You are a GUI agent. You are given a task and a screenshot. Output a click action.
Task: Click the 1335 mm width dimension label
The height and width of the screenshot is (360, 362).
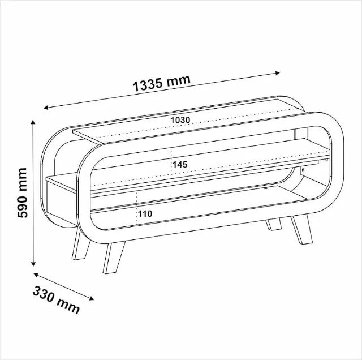coord(162,83)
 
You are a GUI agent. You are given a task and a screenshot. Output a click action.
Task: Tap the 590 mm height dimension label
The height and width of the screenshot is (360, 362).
coord(23,193)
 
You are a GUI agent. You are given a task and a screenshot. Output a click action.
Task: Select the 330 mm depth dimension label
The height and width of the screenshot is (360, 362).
coord(57,300)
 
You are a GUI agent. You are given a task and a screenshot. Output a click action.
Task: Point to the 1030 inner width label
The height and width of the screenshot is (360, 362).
coord(180,120)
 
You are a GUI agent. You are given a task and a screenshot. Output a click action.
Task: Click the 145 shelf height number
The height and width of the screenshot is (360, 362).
coord(180,165)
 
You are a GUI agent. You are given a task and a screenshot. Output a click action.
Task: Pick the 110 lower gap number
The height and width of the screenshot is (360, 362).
coord(145,214)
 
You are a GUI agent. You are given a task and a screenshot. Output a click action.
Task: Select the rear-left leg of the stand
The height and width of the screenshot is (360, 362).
coord(81,245)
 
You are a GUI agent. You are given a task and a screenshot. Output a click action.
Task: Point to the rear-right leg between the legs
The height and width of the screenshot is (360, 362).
coord(273,224)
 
